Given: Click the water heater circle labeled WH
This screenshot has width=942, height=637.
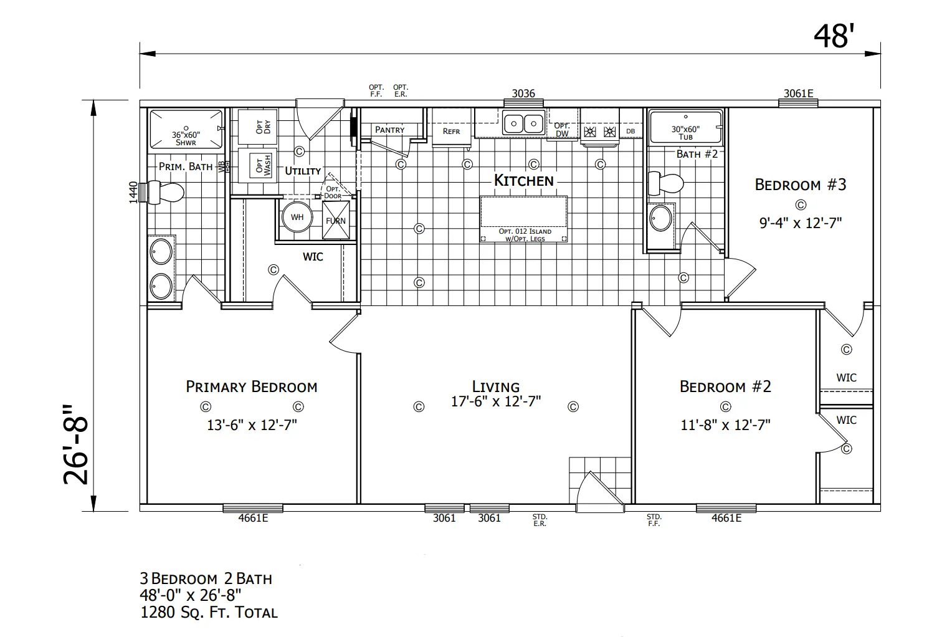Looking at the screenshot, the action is [297, 217].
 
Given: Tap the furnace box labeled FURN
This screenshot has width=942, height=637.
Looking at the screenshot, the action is [336, 221].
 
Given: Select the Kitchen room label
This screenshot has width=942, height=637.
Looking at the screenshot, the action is [523, 181].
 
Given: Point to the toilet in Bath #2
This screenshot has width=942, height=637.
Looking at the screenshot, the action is [666, 183].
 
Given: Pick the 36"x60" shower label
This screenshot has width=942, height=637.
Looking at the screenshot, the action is [186, 138].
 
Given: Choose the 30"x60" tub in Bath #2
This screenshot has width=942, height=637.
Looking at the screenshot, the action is [685, 127].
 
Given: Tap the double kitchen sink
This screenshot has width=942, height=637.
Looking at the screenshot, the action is [523, 123].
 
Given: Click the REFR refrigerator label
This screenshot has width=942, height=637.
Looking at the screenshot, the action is [451, 132].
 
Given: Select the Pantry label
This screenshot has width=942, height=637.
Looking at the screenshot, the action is [389, 130].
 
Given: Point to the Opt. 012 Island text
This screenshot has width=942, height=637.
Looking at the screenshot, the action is [525, 231].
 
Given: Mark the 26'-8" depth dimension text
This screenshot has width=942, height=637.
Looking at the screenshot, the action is [76, 445].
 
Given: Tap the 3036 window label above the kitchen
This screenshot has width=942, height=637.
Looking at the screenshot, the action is [523, 93].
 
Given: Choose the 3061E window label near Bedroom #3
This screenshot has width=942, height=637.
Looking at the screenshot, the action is [798, 93].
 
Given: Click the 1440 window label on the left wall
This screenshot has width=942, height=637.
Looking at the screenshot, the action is [133, 192].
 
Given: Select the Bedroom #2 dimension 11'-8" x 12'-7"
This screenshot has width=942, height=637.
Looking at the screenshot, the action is [725, 425].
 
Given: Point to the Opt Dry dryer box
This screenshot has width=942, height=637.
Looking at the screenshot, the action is [257, 127].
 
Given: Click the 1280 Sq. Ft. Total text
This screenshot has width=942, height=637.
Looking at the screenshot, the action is [209, 613].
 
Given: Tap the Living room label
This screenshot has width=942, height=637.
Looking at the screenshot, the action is [496, 386].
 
